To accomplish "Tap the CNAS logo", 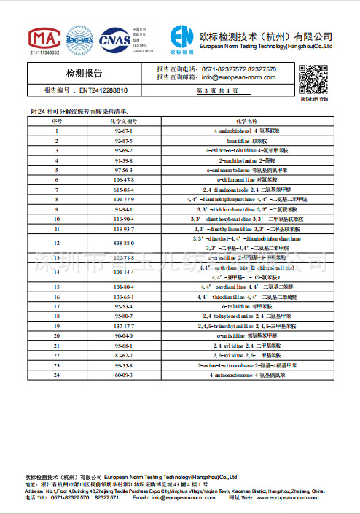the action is [x=114, y=40].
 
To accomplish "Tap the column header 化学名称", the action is [x=247, y=121].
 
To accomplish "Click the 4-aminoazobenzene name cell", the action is [x=247, y=374].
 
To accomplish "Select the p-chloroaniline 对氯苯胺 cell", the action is [x=247, y=178].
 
